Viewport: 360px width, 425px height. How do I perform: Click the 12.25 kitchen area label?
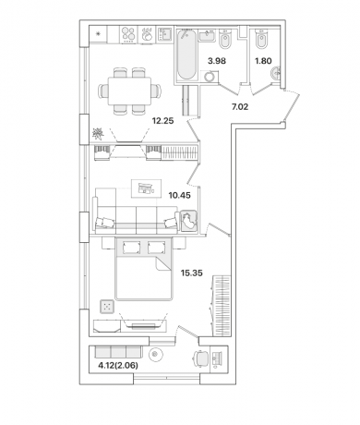[162, 121]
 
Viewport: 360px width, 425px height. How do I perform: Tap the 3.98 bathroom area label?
[217, 61]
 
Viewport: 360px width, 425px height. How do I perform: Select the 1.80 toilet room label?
[263, 61]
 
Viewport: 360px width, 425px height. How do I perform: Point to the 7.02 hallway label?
[240, 107]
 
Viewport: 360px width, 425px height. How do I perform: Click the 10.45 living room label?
[179, 195]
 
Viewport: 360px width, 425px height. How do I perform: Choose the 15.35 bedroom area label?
[191, 273]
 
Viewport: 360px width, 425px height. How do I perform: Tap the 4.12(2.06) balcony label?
[118, 366]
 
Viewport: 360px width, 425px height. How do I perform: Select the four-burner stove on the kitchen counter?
[128, 34]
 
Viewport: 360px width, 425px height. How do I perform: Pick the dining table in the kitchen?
[129, 91]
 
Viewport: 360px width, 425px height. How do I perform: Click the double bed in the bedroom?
[143, 268]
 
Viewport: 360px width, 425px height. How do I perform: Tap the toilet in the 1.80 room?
[262, 39]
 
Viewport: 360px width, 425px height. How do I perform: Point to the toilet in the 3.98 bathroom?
[225, 39]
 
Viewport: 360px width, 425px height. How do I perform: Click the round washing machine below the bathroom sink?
[210, 77]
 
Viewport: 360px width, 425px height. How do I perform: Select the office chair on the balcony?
[201, 358]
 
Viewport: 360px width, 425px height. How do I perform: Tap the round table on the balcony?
[156, 355]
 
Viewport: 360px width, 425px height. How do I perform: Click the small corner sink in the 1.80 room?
[276, 73]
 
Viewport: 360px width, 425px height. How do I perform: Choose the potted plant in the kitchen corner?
[98, 133]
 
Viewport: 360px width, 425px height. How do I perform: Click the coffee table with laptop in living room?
[146, 188]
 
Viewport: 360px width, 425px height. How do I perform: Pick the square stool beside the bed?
[107, 307]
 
